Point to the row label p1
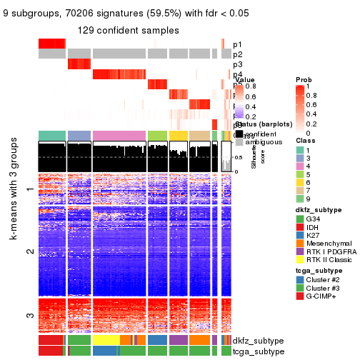pyautogui.click(x=237, y=44)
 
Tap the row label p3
pyautogui.click(x=237, y=64)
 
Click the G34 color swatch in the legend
pyautogui.click(x=299, y=218)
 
